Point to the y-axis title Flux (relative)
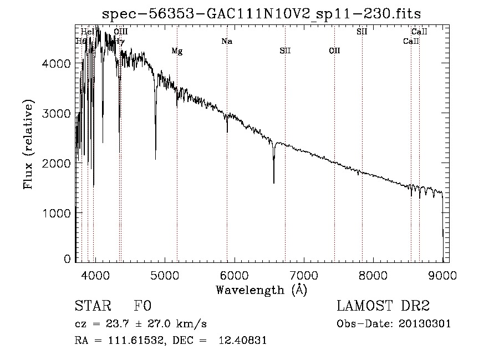pyautogui.click(x=28, y=144)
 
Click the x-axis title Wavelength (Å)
pyautogui.click(x=261, y=290)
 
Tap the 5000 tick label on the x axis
pyautogui.click(x=165, y=275)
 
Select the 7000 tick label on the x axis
pyautogui.click(x=304, y=275)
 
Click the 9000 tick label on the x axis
pyautogui.click(x=442, y=275)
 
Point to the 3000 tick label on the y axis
pyautogui.click(x=57, y=114)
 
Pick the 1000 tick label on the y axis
pyautogui.click(x=57, y=213)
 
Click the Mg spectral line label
pyautogui.click(x=177, y=51)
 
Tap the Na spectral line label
pyautogui.click(x=226, y=41)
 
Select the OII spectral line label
pyautogui.click(x=334, y=51)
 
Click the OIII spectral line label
pyautogui.click(x=120, y=32)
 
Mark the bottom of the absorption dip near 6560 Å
pyautogui.click(x=274, y=182)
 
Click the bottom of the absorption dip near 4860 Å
pyautogui.click(x=155, y=159)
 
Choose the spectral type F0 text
pyautogui.click(x=142, y=307)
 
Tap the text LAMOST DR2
pyautogui.click(x=383, y=307)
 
